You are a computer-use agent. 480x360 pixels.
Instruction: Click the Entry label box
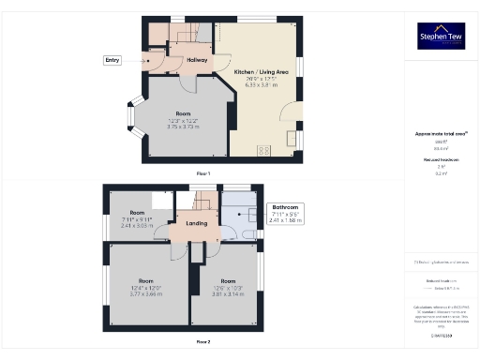pyautogui.click(x=113, y=60)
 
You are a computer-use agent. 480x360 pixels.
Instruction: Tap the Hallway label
pyautogui.click(x=197, y=60)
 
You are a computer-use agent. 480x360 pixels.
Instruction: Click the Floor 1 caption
pyautogui.click(x=203, y=174)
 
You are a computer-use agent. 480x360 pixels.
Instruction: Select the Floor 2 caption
pyautogui.click(x=203, y=341)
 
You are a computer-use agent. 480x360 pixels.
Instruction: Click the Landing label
pyautogui.click(x=197, y=223)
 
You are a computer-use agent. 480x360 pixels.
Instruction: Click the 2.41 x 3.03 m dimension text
pyautogui.click(x=137, y=225)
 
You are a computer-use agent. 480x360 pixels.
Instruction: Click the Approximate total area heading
pyautogui.click(x=441, y=134)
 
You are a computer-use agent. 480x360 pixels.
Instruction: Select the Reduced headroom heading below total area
pyautogui.click(x=441, y=160)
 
